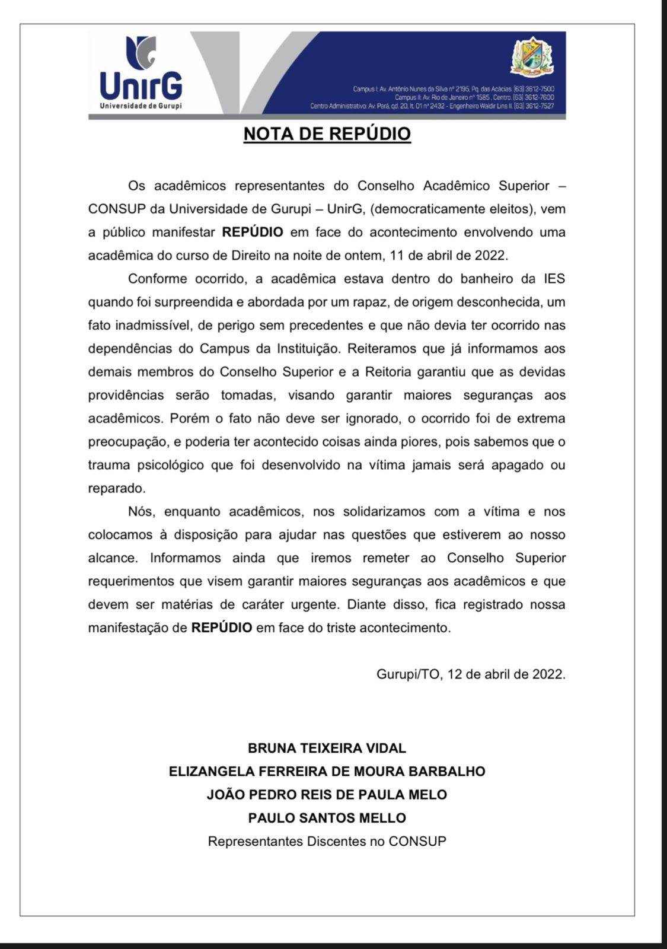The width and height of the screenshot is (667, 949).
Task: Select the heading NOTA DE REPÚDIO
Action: pos(327,134)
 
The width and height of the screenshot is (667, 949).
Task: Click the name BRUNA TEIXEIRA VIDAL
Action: pos(327,748)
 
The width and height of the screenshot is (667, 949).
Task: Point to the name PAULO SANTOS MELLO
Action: pos(327,818)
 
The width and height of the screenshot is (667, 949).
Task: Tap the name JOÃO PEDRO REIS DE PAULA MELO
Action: pos(327,795)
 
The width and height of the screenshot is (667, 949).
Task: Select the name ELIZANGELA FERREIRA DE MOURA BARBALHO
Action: pos(327,771)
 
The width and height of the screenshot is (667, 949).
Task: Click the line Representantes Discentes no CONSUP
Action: pos(327,841)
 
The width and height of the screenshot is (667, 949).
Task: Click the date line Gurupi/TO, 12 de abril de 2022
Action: pos(471,674)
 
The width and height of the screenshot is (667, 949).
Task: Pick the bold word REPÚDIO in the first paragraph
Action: pos(253,233)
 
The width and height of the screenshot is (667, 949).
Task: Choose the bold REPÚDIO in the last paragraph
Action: pos(222,628)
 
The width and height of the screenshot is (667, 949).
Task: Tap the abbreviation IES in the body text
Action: pos(554,279)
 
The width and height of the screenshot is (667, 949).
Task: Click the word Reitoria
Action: pos(389,372)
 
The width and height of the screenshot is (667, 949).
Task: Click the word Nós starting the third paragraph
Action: pos(141,511)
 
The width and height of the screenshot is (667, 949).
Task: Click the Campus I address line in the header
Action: pos(453,89)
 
